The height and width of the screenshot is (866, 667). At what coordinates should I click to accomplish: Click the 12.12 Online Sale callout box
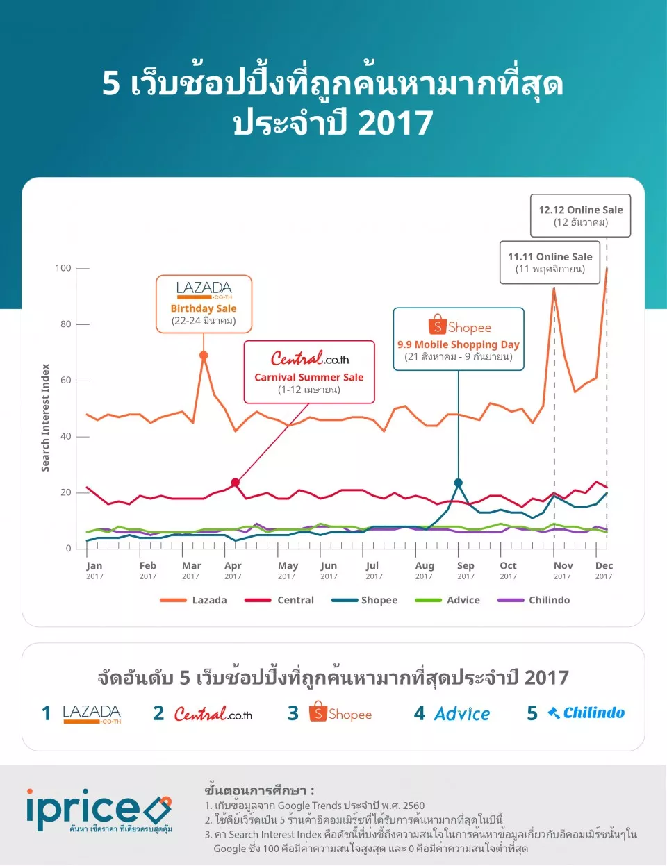coord(581,216)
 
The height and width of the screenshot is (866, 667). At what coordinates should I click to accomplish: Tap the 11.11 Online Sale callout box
coord(550,263)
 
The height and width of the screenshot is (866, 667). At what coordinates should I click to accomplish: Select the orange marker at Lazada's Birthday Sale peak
coord(204,356)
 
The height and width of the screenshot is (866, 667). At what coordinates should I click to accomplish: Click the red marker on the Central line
coord(236,483)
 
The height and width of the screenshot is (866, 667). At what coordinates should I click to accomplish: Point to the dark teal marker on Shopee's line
coord(459,483)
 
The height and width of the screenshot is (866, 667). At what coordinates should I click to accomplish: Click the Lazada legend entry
coord(194,600)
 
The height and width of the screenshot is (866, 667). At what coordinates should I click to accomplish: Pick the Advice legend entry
coord(447,600)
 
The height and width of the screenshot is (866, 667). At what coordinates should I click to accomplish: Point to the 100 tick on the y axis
coord(63,268)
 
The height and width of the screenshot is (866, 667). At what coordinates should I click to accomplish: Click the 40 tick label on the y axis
coord(65,436)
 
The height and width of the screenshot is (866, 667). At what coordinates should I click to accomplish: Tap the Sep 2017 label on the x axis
coord(466,570)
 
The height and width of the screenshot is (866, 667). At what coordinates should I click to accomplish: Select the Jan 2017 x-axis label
coord(94,570)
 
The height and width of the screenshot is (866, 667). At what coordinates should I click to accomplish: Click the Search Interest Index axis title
coord(46,418)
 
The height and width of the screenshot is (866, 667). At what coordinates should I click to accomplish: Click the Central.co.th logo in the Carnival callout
coord(310,358)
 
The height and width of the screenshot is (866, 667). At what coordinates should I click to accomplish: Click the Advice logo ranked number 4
coord(462,714)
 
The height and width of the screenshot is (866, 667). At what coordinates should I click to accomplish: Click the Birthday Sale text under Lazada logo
coord(204,308)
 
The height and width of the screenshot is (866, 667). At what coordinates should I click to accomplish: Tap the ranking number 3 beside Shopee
coord(293,713)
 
